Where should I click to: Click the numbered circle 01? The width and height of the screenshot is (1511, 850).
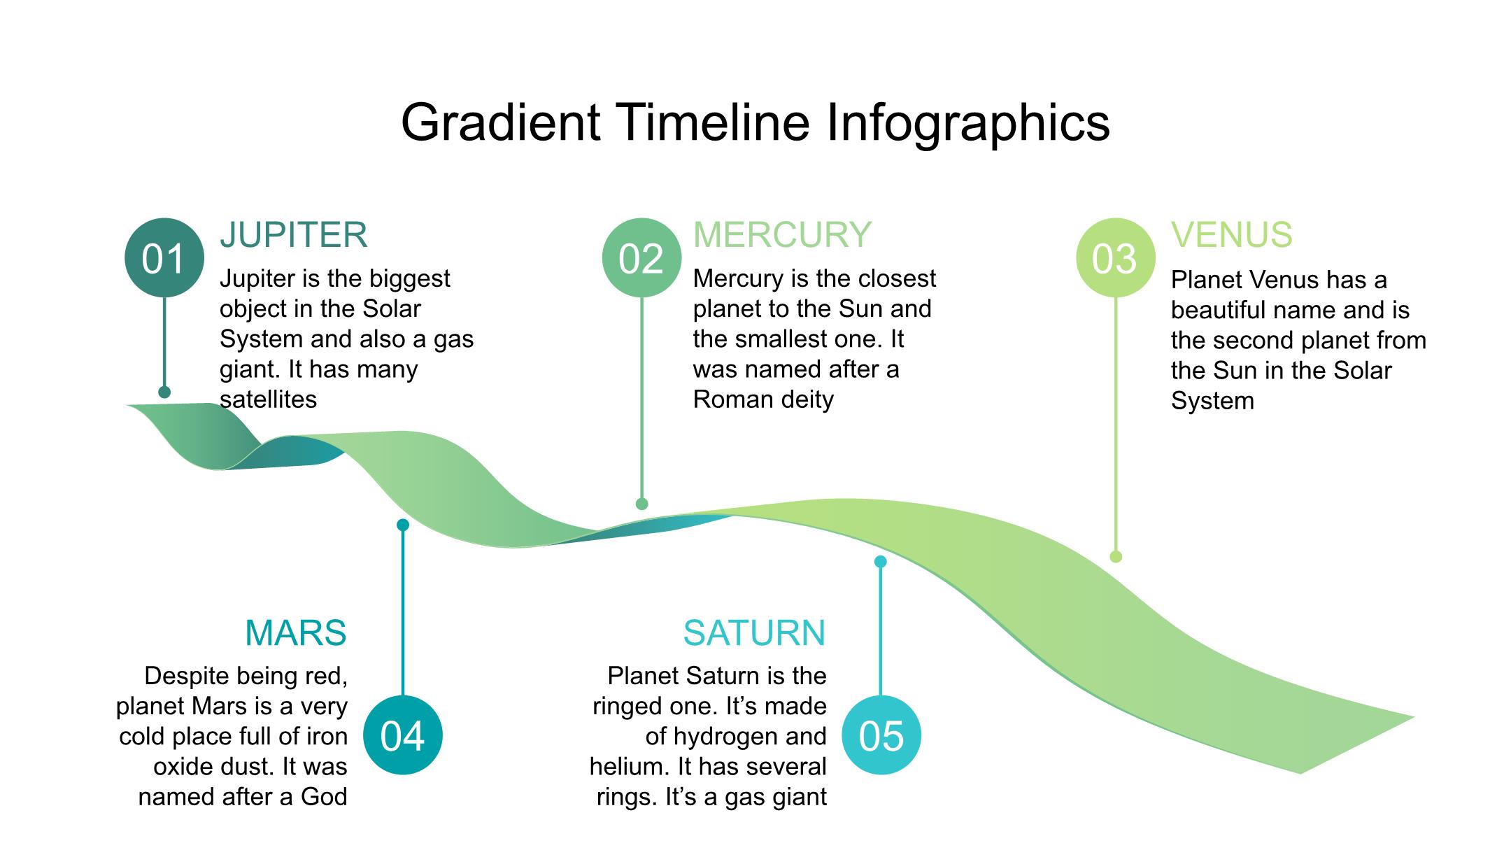(164, 258)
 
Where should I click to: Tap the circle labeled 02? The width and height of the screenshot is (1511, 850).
(641, 258)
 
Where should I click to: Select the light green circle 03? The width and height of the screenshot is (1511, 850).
(1116, 258)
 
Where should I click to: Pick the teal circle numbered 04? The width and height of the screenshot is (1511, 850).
(403, 735)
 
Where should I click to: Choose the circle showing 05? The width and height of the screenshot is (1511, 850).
(881, 735)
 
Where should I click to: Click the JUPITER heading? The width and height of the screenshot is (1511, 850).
(294, 235)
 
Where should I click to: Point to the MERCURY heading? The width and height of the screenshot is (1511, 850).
(782, 235)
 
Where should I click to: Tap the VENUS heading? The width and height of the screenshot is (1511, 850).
(1232, 235)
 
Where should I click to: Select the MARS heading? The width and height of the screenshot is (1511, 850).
(296, 633)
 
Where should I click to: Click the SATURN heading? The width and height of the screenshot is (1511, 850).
(755, 633)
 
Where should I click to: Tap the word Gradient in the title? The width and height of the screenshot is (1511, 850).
(501, 123)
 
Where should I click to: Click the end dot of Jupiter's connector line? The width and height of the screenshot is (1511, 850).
(164, 392)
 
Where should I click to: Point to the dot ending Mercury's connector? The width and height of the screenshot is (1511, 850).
(642, 504)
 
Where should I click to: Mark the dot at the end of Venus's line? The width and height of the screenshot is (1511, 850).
(1116, 557)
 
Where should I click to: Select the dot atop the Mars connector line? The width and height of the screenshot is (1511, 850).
(403, 525)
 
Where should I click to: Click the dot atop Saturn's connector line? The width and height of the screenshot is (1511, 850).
(881, 561)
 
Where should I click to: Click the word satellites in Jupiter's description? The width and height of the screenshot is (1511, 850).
(269, 399)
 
